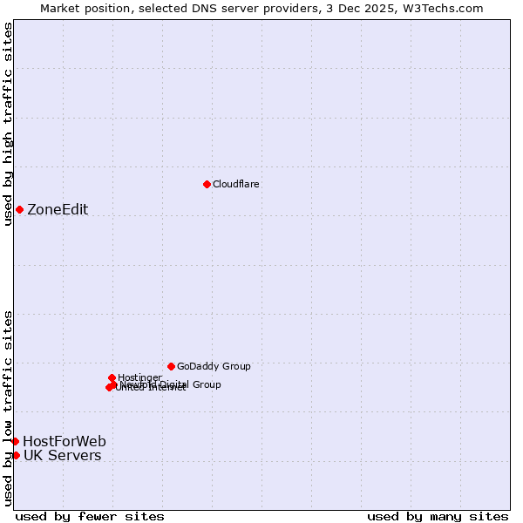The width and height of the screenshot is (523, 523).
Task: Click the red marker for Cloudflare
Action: [x=207, y=184]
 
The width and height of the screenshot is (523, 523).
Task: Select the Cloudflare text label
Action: [x=236, y=184]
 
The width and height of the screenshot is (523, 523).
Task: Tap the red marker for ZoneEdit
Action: [x=19, y=209]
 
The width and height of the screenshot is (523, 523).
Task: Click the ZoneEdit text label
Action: [x=58, y=209]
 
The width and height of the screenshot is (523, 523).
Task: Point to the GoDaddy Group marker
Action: [x=171, y=366]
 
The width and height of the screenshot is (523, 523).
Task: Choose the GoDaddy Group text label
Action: [x=214, y=366]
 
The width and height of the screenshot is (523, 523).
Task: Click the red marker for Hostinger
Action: [x=112, y=377]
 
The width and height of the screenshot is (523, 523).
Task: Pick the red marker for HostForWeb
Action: [x=15, y=441]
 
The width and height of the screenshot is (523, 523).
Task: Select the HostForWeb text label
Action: [x=65, y=441]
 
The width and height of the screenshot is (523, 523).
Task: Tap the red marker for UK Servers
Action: [x=16, y=455]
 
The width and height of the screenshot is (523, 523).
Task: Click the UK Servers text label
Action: [x=62, y=455]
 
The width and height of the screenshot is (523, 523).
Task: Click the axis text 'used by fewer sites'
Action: [x=90, y=516]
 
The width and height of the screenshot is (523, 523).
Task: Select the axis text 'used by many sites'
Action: [x=438, y=516]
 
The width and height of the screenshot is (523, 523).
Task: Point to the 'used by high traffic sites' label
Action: [x=8, y=124]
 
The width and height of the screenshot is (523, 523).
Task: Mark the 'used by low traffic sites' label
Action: [x=8, y=408]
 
